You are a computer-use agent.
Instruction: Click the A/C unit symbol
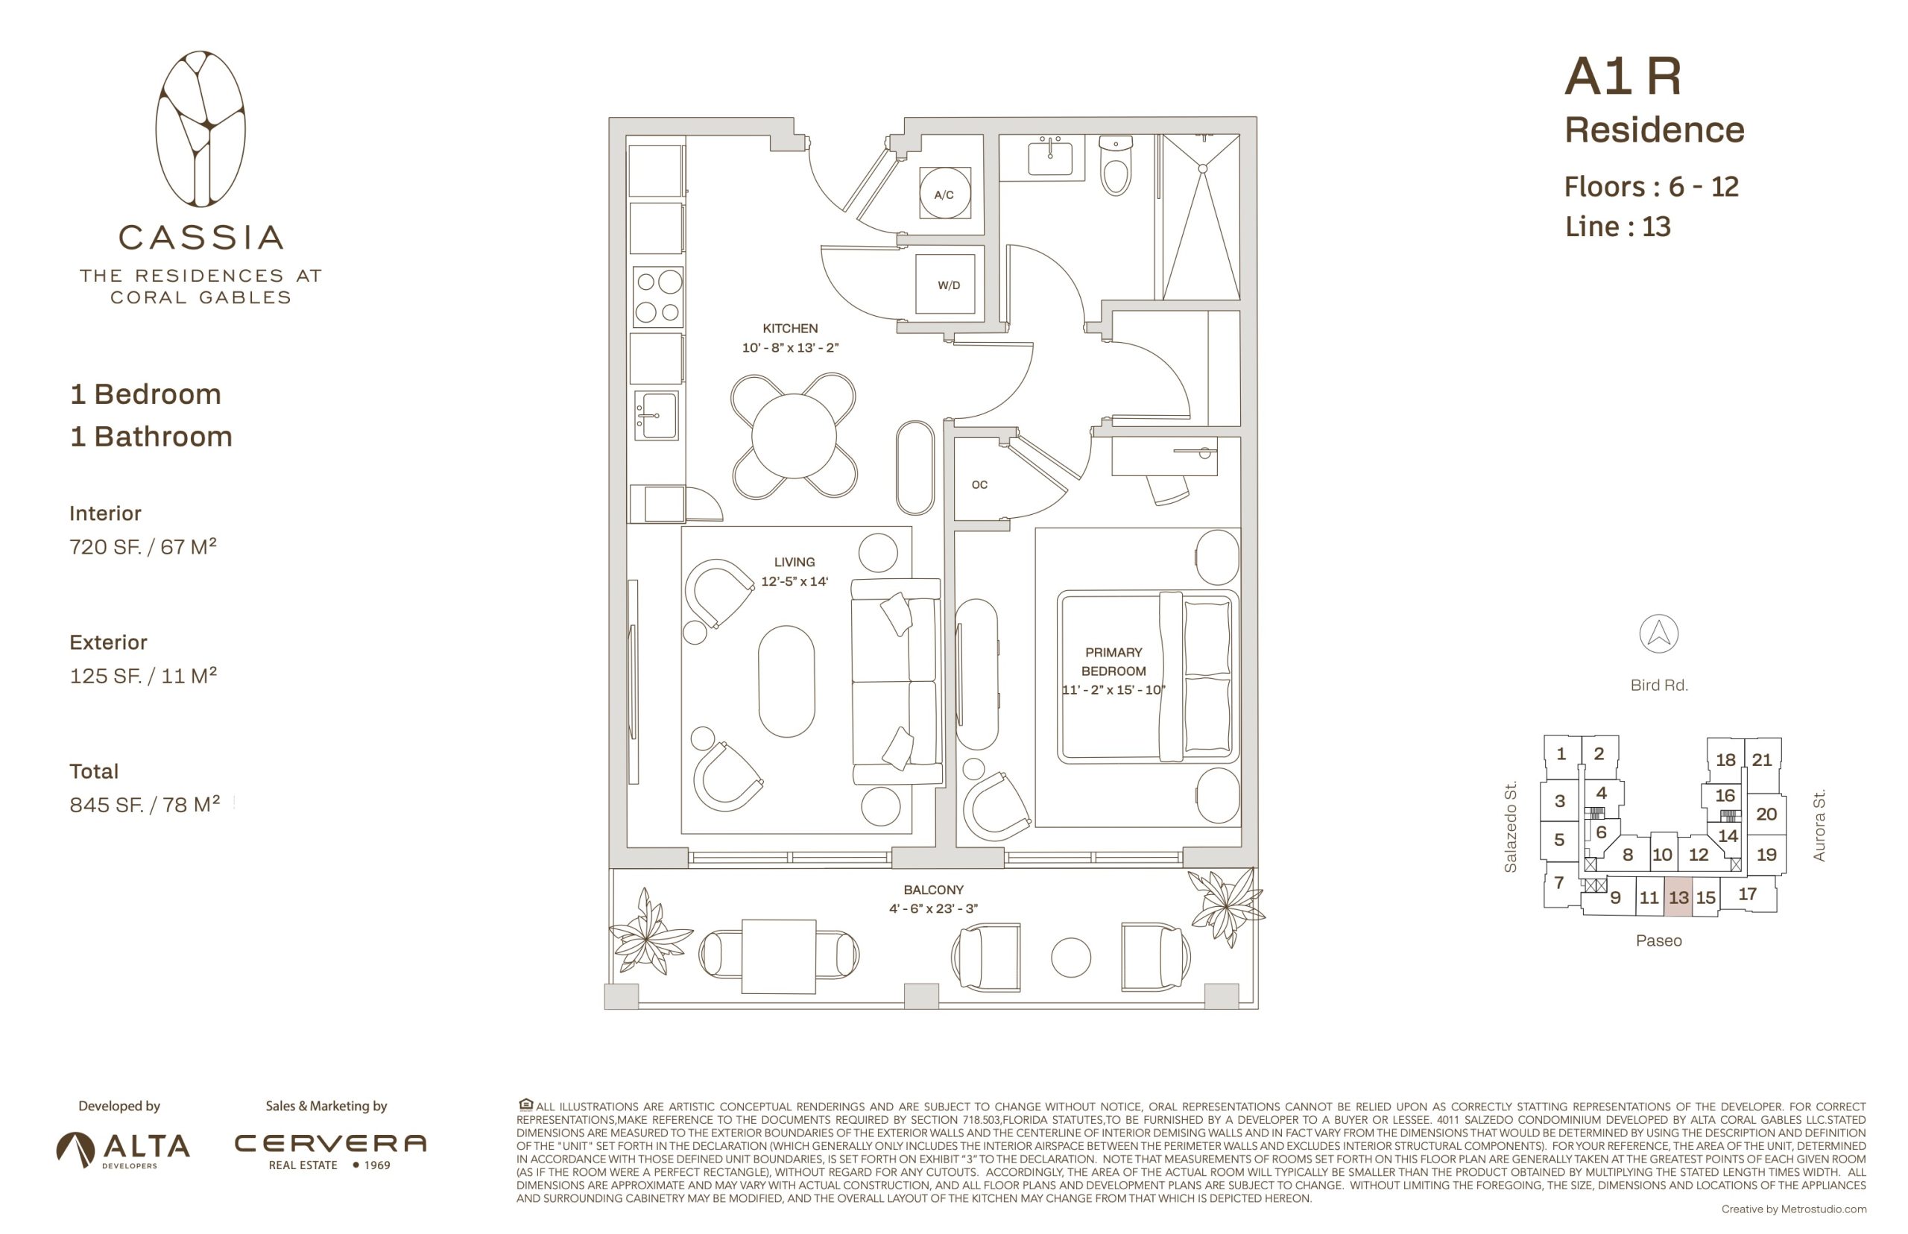[944, 193]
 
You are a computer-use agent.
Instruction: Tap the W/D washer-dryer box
[948, 285]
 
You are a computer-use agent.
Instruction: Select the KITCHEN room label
[790, 329]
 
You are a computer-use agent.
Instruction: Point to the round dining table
[793, 436]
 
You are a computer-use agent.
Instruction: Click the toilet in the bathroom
[1115, 166]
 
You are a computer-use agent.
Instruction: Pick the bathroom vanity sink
[1049, 155]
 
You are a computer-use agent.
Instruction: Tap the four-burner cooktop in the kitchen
[658, 297]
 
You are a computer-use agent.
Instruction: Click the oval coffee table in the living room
[786, 681]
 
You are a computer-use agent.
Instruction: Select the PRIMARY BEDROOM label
[1113, 662]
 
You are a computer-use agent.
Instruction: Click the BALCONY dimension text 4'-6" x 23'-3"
[933, 908]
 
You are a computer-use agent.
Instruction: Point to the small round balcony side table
[1070, 958]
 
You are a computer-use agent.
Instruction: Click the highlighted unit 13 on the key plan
[1678, 896]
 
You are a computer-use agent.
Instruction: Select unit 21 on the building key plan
[1761, 759]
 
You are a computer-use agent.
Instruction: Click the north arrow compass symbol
[1658, 634]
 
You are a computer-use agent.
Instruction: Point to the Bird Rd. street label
[1659, 685]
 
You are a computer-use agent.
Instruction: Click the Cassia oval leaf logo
[200, 129]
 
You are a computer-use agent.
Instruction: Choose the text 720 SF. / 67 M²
[142, 546]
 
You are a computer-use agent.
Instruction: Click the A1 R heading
[1622, 77]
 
